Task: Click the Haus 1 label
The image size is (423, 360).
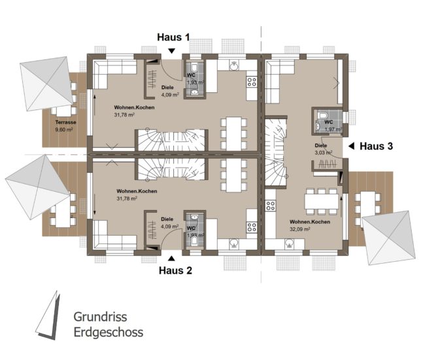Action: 173,37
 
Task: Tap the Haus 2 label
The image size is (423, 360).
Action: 175,270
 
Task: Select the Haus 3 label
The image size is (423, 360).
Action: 376,146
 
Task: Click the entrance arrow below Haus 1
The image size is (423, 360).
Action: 171,51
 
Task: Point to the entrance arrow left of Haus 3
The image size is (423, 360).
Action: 351,146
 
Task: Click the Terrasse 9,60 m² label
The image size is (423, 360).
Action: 65,126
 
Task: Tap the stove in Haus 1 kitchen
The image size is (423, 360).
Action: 252,82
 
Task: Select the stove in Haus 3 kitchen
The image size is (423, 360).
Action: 270,206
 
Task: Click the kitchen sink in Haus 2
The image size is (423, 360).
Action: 234,244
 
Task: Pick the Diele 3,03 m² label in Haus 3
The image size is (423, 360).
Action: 323,149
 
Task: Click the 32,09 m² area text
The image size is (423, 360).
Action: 299,229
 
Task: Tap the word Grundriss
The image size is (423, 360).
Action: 100,317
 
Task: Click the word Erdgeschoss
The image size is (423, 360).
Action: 109,333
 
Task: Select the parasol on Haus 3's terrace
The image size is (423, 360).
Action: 388,238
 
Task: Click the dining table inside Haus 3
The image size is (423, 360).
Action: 321,202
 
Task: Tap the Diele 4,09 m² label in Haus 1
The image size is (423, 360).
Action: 170,91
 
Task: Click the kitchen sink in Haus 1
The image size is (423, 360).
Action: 234,65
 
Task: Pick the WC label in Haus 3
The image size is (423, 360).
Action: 329,122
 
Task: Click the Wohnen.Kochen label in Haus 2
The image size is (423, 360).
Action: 137,191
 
